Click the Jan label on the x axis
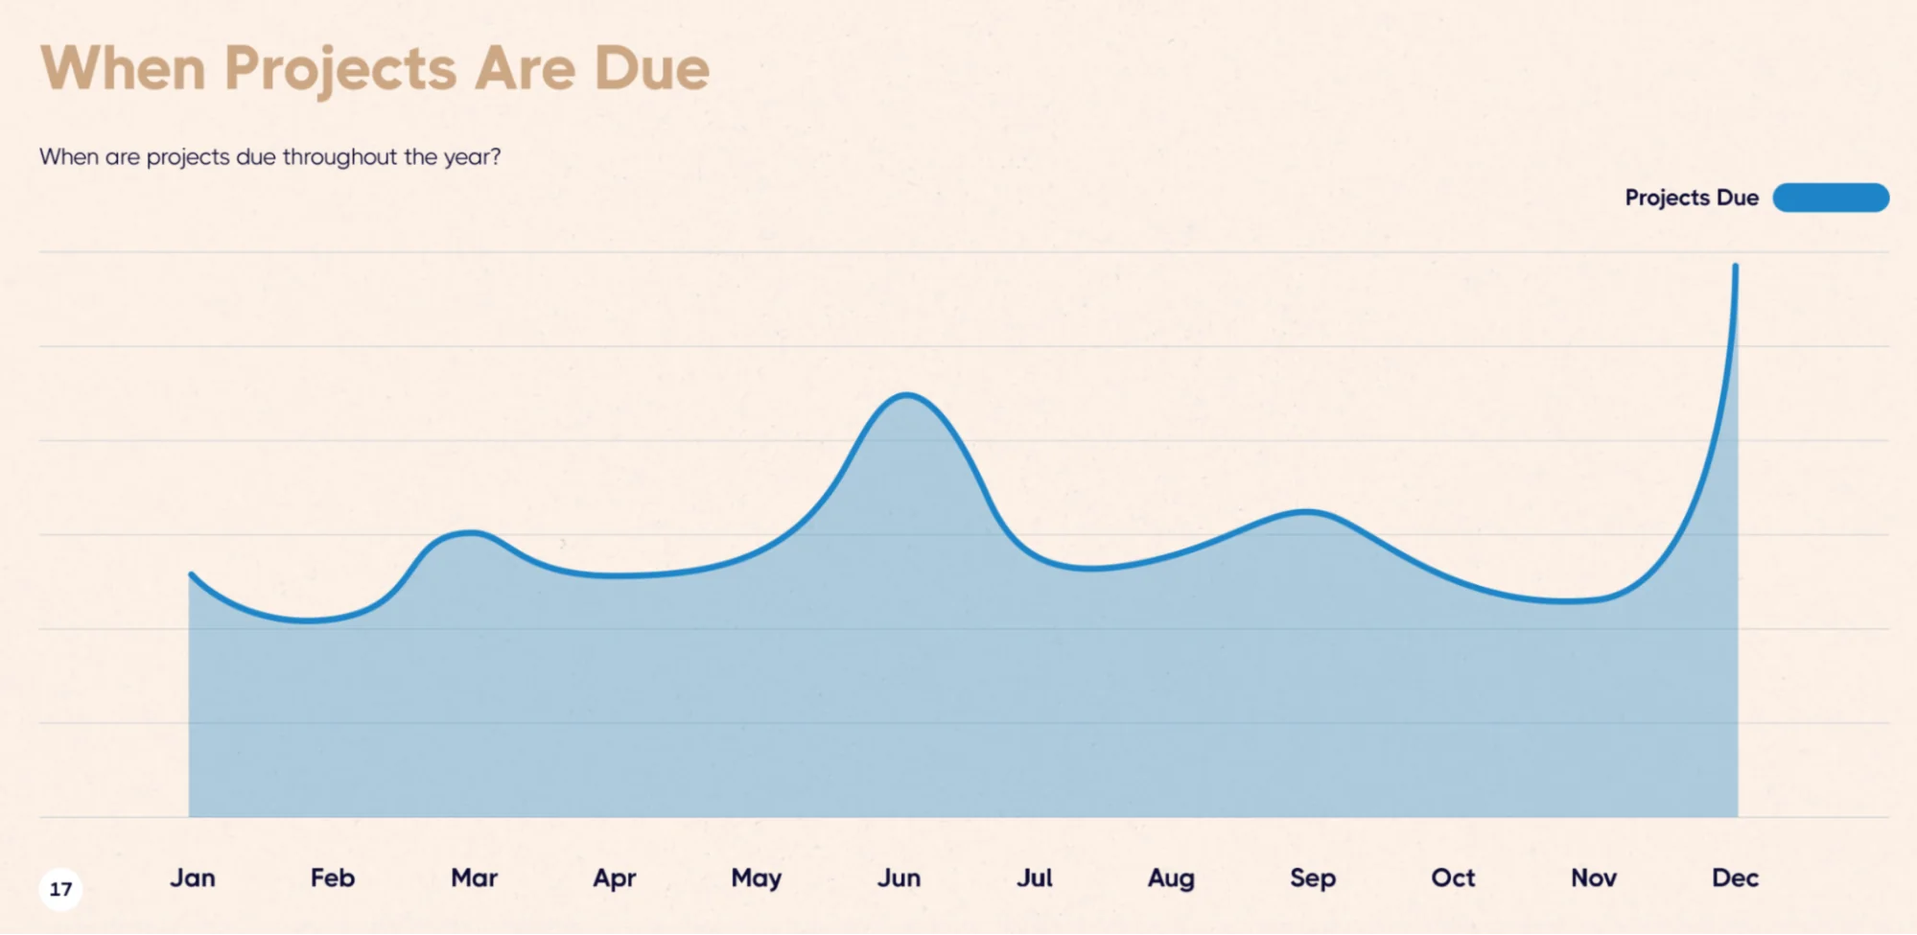click(193, 877)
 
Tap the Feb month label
click(333, 877)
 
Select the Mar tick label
click(474, 877)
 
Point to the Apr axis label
click(615, 877)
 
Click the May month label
click(757, 878)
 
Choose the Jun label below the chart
click(899, 877)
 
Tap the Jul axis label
click(1035, 877)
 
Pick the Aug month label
click(1171, 878)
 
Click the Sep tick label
click(1313, 878)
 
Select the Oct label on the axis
click(1453, 877)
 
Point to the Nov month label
click(1594, 877)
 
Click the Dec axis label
click(1735, 877)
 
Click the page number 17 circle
click(60, 889)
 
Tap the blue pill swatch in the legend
click(1831, 198)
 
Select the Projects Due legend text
click(1692, 198)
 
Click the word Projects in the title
click(340, 69)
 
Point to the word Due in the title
click(651, 68)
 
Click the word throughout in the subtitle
click(339, 156)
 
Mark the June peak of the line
click(906, 395)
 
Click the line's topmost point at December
click(1735, 267)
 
